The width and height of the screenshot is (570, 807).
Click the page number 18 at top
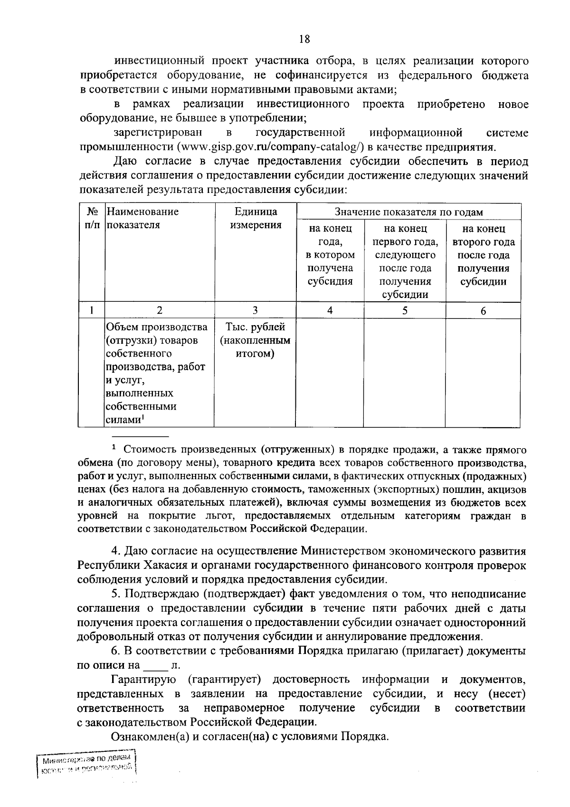pyautogui.click(x=304, y=39)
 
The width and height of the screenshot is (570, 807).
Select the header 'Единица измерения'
pyautogui.click(x=256, y=218)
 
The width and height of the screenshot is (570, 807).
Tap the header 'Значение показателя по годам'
pyautogui.click(x=408, y=212)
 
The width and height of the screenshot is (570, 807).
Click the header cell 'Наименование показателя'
pyautogui.click(x=142, y=218)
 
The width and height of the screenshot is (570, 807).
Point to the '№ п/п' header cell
pyautogui.click(x=91, y=218)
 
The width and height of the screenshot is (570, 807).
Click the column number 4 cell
pyautogui.click(x=330, y=310)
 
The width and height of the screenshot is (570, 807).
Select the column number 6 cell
pyautogui.click(x=483, y=310)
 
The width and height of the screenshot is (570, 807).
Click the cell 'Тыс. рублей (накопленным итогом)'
pyautogui.click(x=256, y=340)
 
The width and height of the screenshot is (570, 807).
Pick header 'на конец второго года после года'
pyautogui.click(x=483, y=255)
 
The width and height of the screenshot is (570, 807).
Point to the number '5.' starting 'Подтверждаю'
pyautogui.click(x=115, y=594)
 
